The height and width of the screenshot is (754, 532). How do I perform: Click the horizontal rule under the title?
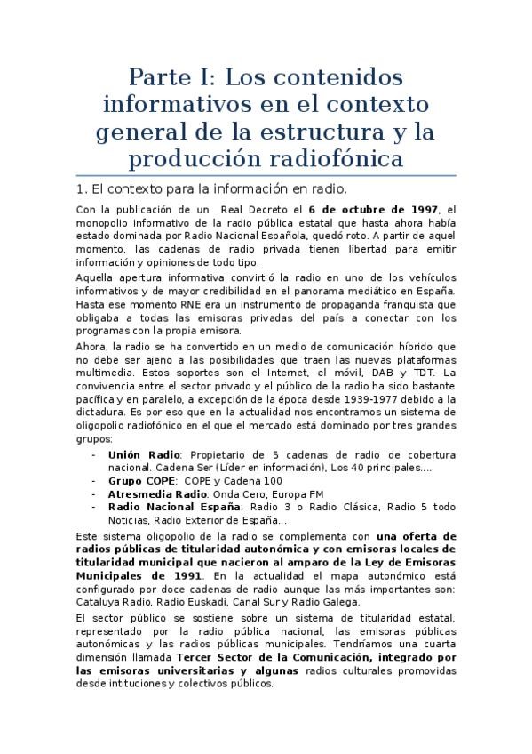(266, 175)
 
